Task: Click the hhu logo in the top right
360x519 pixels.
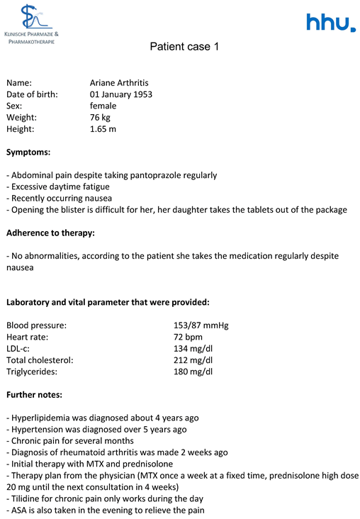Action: (330, 23)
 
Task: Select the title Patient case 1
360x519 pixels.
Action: (180, 47)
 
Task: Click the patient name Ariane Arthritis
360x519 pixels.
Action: (119, 83)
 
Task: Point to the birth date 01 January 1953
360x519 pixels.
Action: (121, 94)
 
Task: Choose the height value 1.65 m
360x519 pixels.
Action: (103, 129)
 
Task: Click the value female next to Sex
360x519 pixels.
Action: (103, 106)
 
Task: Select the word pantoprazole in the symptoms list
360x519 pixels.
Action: (167, 175)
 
